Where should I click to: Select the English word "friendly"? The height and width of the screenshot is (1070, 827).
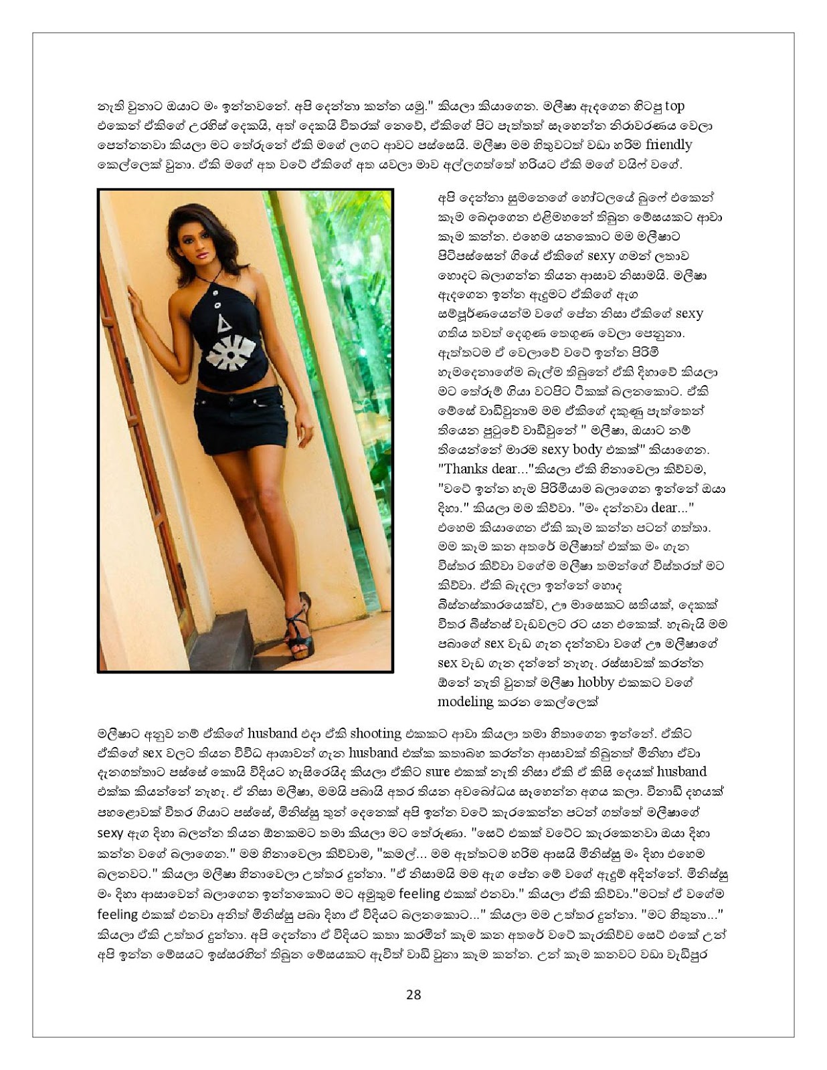coord(668,145)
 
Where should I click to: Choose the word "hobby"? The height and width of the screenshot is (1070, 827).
coord(595,682)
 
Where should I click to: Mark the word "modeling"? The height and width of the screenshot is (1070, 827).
coord(465,702)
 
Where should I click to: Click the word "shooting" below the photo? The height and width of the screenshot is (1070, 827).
coord(376,733)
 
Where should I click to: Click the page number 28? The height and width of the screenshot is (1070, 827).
coord(413,994)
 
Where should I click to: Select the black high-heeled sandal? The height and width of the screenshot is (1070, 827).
coord(298,629)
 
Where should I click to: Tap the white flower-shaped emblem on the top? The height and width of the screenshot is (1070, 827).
coord(231,353)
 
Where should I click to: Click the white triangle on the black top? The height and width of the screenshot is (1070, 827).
coord(223,324)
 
